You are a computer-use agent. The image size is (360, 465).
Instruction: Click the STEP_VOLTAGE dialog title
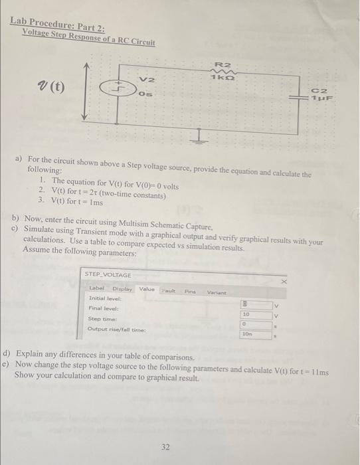click(110, 274)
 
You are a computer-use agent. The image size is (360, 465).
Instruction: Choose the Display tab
click(122, 289)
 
